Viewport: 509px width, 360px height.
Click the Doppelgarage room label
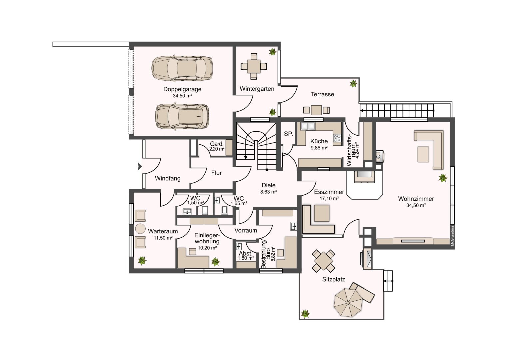[182, 89]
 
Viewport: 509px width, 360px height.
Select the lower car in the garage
[182, 117]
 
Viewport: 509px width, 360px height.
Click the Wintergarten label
[257, 89]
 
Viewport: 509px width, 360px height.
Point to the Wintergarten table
[254, 66]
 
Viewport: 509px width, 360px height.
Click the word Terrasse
[322, 94]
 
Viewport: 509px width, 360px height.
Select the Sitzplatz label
[333, 279]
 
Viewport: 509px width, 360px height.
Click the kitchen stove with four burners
[337, 138]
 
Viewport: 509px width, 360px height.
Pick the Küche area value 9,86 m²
[319, 148]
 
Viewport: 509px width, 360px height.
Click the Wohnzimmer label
[416, 199]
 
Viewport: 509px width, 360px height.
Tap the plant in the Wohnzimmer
[443, 178]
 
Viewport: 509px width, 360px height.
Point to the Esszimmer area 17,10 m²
[329, 198]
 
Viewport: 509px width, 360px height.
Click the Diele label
[268, 185]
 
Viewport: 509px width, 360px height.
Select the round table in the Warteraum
[140, 229]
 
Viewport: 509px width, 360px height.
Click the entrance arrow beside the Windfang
[140, 166]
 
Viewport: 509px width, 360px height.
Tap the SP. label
[288, 134]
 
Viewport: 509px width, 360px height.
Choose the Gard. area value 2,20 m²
[217, 149]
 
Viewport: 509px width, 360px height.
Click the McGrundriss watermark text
[452, 236]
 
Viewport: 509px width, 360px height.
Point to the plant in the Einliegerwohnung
[215, 262]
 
